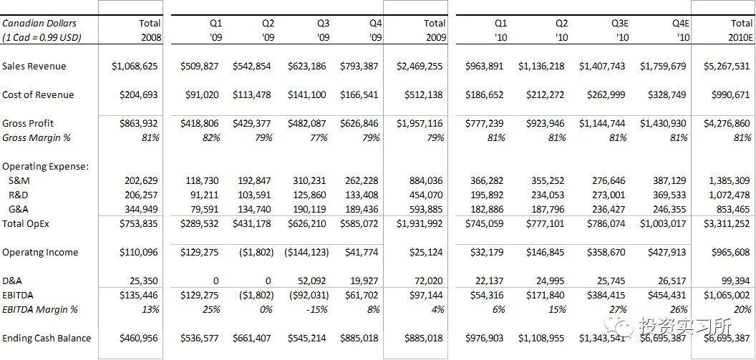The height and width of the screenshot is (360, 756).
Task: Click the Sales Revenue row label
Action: (x=34, y=66)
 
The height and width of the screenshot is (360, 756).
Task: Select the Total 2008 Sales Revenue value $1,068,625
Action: (x=135, y=66)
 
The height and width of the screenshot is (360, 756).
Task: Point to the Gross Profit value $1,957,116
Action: (x=420, y=123)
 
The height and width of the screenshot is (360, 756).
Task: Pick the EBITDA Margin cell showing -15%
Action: (x=320, y=309)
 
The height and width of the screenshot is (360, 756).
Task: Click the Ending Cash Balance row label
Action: (x=46, y=338)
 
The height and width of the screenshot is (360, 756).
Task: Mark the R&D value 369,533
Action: (x=667, y=195)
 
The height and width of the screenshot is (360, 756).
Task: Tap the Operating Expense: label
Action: (x=45, y=166)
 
